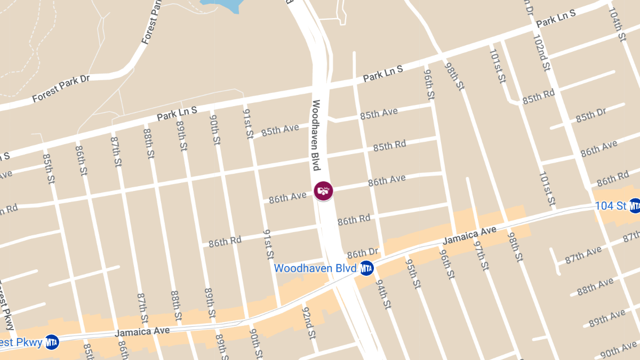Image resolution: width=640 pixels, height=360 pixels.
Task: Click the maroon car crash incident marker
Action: tap(323, 190)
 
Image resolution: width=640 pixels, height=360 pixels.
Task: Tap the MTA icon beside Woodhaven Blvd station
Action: tap(366, 268)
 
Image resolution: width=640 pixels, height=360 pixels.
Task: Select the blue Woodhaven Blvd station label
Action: tap(315, 268)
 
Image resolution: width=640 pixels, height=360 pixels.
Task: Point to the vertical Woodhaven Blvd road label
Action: tap(316, 135)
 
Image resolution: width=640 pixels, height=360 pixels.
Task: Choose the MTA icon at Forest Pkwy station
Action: tap(52, 342)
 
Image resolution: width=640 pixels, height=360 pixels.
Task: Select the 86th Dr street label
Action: tap(363, 253)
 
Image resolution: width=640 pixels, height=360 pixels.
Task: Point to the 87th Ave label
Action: tap(583, 255)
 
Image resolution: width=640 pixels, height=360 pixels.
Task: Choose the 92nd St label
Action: tap(309, 322)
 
